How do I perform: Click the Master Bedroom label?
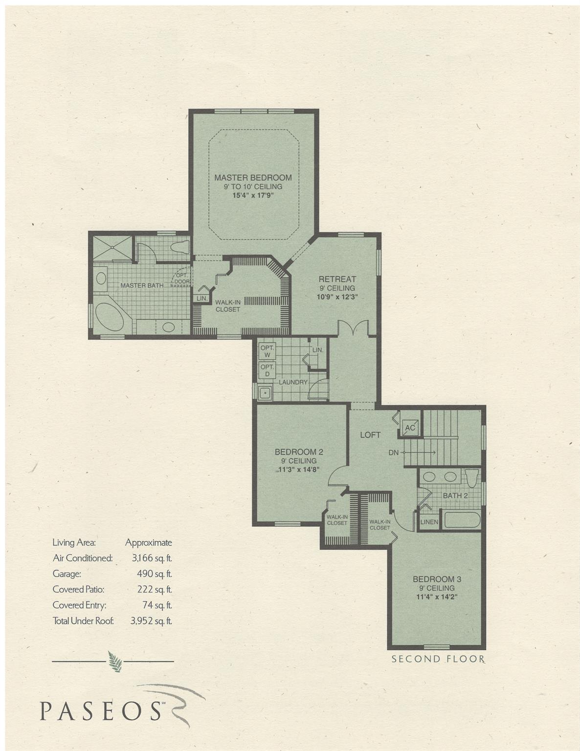point(253,177)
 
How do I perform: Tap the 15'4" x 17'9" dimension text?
point(252,196)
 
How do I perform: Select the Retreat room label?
point(337,279)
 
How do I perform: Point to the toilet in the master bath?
point(179,247)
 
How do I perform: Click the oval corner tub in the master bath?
point(109,318)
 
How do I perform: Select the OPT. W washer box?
point(267,351)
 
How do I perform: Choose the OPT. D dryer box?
point(267,370)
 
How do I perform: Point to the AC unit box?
point(410,428)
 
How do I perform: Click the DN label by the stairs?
point(393,453)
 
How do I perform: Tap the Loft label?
point(370,435)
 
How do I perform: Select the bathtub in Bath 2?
point(462,519)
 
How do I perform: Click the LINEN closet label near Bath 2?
point(429,522)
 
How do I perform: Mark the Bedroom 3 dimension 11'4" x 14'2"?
point(437,597)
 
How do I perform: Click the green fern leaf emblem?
point(115,662)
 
